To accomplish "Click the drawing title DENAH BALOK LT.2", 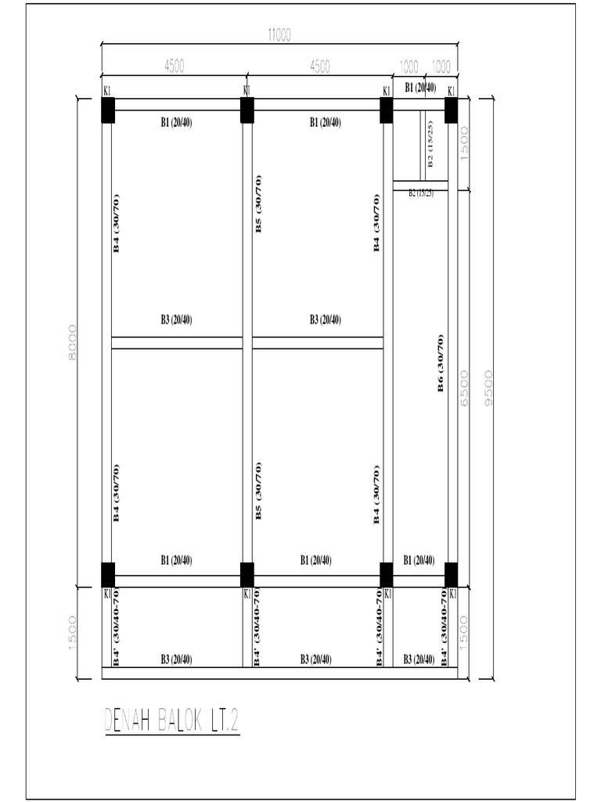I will [x=171, y=721].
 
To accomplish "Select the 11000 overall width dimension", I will [x=279, y=34].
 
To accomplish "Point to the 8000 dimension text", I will [x=72, y=342].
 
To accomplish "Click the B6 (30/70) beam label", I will [x=441, y=363].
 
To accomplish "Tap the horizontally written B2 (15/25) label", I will [x=420, y=193].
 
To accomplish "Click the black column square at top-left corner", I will [x=108, y=110].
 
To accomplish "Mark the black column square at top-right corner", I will [x=451, y=110].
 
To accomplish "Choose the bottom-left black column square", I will [x=108, y=574].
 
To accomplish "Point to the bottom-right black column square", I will [x=451, y=574].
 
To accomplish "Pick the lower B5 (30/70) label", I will [x=259, y=491].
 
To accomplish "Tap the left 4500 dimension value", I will [x=174, y=67].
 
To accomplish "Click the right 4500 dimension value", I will [x=319, y=67].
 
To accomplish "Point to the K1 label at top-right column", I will [x=452, y=92].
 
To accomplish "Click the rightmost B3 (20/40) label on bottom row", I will [x=419, y=660].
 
